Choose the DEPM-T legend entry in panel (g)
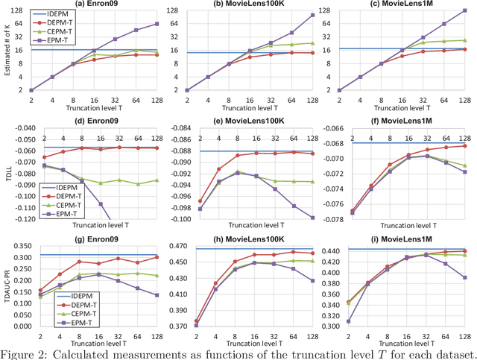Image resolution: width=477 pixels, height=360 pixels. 56,311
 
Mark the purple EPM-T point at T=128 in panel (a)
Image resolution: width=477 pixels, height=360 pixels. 156,24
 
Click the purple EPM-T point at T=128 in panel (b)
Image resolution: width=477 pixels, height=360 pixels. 311,15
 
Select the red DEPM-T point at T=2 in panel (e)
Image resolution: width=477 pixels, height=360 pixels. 187,201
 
